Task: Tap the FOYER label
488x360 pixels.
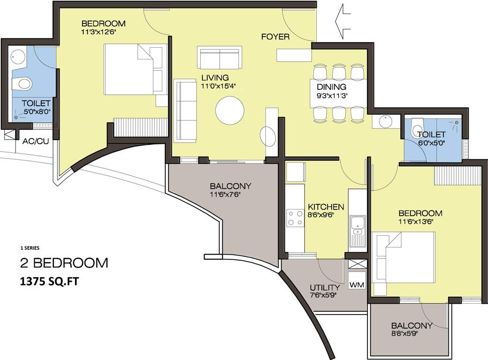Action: [275, 37]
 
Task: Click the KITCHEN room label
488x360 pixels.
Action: [326, 207]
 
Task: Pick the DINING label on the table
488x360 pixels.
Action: [331, 87]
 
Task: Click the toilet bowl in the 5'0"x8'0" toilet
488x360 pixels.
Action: [21, 84]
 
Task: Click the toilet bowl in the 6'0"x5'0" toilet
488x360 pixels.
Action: [417, 127]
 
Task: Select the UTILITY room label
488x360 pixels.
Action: [325, 287]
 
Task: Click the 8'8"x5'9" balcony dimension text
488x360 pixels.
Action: [411, 334]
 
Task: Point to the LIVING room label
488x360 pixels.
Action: [215, 77]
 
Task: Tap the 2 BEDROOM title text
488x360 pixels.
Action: [63, 262]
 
